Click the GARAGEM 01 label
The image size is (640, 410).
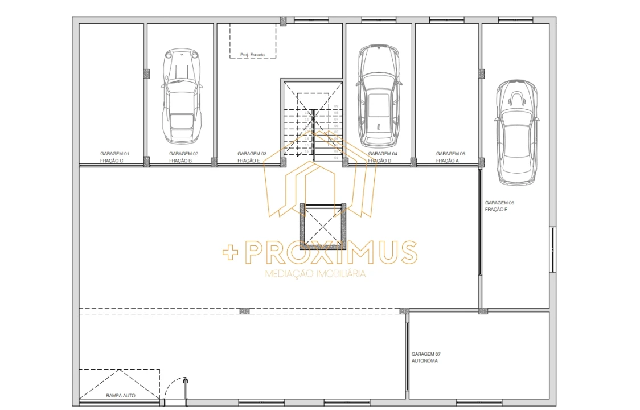tap(115, 154)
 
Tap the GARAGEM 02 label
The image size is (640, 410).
tap(183, 154)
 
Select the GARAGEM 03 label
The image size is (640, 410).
tap(252, 154)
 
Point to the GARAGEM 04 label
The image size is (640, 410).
tap(383, 154)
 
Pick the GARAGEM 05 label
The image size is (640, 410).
tap(450, 154)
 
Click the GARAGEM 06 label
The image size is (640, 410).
tap(499, 203)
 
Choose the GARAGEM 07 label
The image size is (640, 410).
tap(426, 354)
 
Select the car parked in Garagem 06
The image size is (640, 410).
tap(516, 132)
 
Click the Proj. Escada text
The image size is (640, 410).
tap(252, 55)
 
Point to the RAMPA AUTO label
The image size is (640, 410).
tap(121, 395)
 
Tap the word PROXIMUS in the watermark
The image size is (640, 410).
tap(333, 252)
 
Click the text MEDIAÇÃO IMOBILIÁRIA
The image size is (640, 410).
tap(315, 274)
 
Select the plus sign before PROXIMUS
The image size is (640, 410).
tap(229, 253)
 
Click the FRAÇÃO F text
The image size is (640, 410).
tap(496, 210)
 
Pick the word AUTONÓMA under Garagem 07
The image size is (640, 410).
tap(425, 360)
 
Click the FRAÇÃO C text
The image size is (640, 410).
tap(112, 161)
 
